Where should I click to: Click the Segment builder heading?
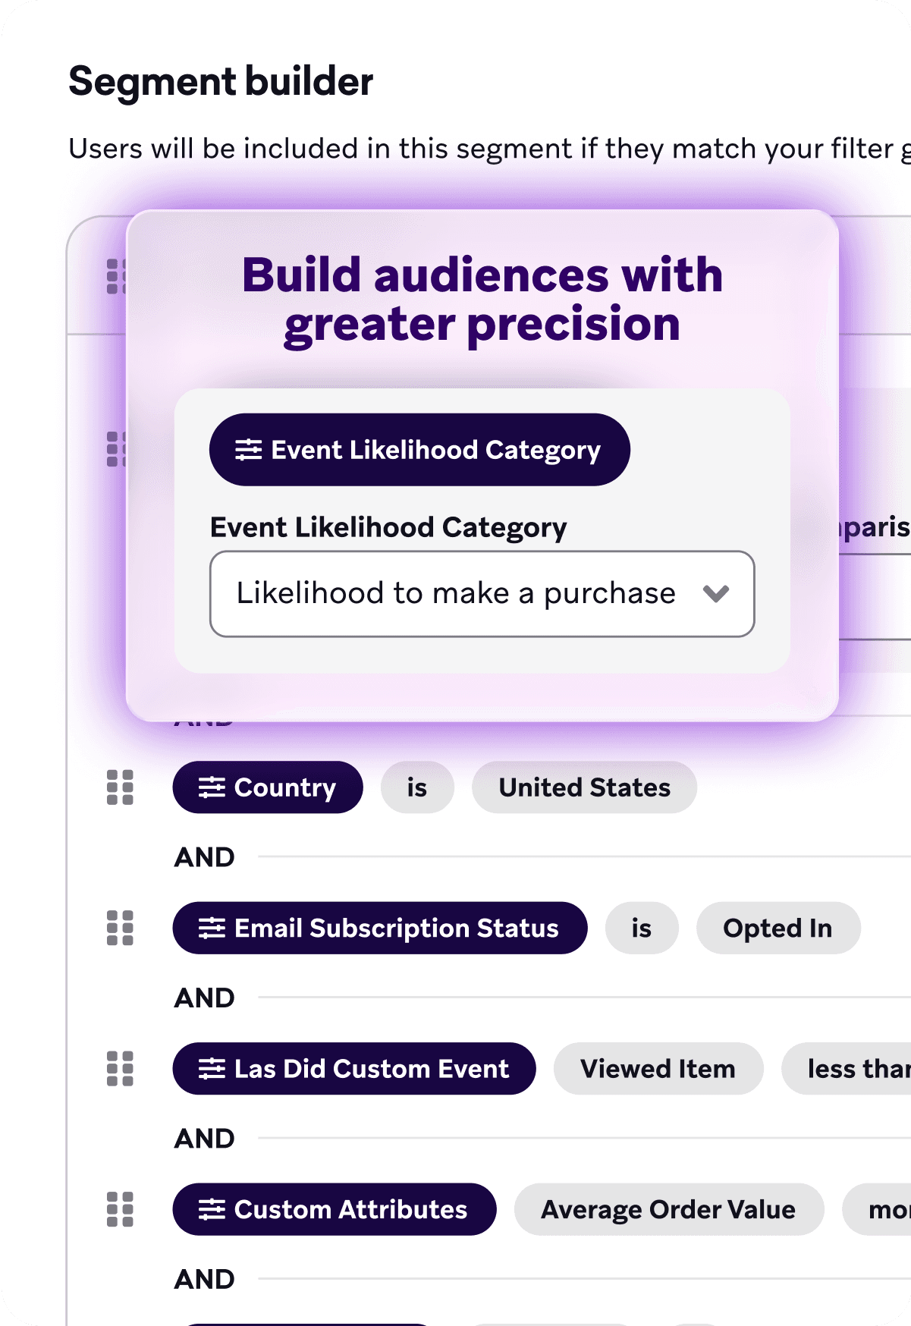pos(221,82)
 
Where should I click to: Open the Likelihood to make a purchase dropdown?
pos(455,593)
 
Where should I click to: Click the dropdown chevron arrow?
pos(715,593)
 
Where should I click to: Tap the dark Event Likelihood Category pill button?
pos(419,450)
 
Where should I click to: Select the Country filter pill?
pos(267,787)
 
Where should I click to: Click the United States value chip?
pos(584,787)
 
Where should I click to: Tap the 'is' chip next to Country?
pos(416,787)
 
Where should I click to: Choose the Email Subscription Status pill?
pos(379,928)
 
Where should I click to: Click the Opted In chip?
pos(777,928)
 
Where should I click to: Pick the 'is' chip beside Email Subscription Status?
pos(641,928)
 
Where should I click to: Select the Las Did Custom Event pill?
pos(353,1068)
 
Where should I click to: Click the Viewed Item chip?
pos(658,1068)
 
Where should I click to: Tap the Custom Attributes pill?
pos(334,1209)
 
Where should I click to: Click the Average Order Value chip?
pos(668,1209)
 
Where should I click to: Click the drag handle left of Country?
pos(120,787)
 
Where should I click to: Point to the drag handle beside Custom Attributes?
pos(120,1209)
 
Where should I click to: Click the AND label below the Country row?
pos(204,857)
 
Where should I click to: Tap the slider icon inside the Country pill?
pos(212,787)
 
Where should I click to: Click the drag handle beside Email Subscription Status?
pos(120,928)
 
